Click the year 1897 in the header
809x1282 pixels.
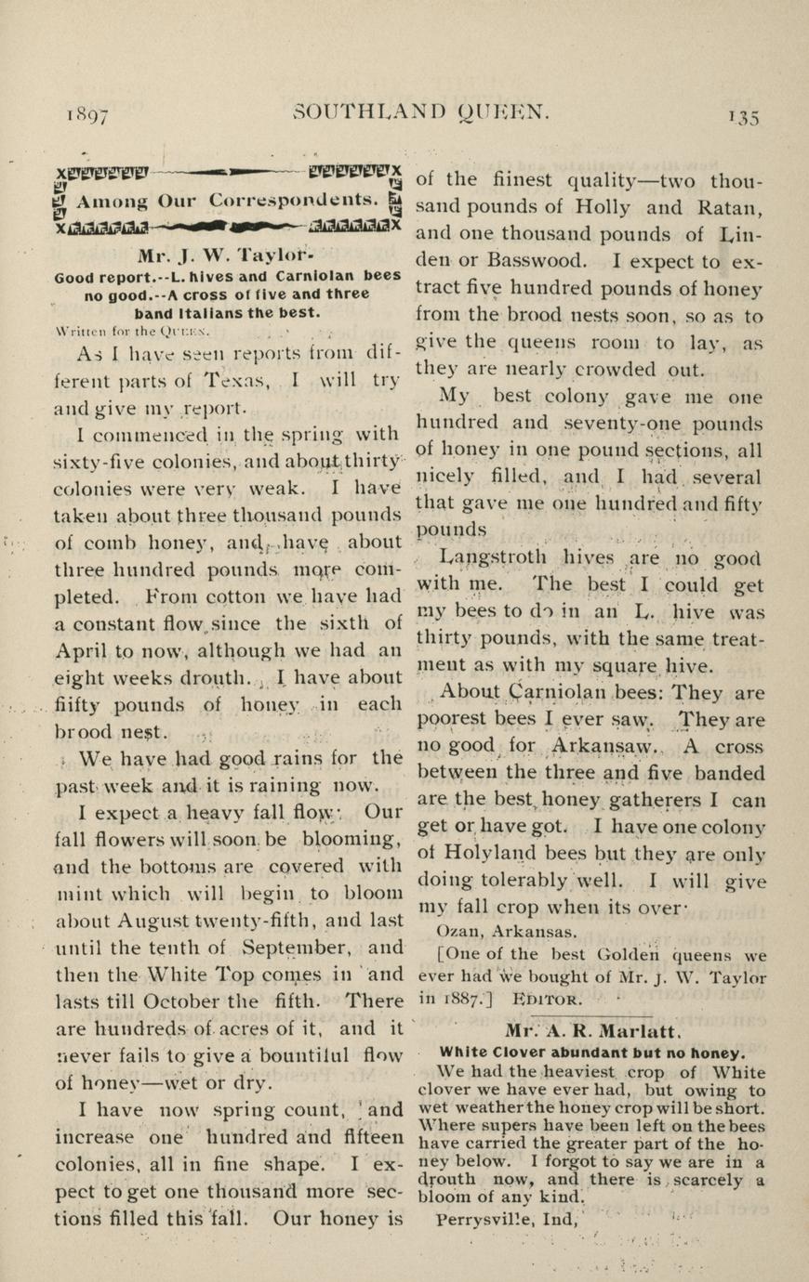[88, 115]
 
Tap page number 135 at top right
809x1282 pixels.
[744, 116]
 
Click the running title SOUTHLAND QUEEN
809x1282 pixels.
[422, 112]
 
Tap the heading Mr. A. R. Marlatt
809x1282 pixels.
[594, 1030]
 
